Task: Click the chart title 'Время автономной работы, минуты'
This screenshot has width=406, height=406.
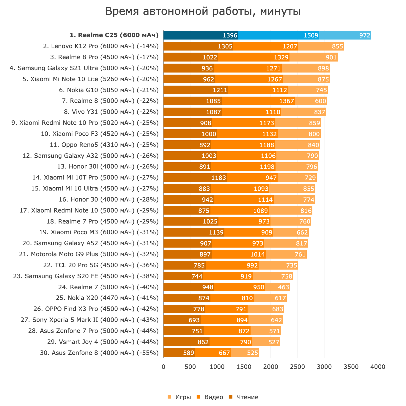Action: click(203, 12)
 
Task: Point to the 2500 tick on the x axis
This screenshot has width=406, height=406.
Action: click(298, 367)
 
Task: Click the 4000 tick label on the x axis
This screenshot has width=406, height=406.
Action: click(378, 367)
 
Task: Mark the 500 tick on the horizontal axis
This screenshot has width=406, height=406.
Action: click(190, 367)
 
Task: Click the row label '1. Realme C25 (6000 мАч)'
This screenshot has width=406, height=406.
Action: click(114, 35)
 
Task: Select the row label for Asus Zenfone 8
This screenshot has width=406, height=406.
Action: click(99, 353)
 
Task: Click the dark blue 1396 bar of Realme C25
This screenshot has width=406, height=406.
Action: click(201, 35)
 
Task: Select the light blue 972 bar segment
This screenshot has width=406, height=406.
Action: click(345, 35)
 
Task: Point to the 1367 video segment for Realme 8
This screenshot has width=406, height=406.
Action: click(258, 101)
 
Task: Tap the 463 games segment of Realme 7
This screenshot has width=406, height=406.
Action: click(278, 287)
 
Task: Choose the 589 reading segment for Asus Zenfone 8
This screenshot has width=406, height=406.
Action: click(179, 353)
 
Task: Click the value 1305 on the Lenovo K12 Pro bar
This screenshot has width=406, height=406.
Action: click(225, 46)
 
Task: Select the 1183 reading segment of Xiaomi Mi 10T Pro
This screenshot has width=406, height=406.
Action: click(195, 178)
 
